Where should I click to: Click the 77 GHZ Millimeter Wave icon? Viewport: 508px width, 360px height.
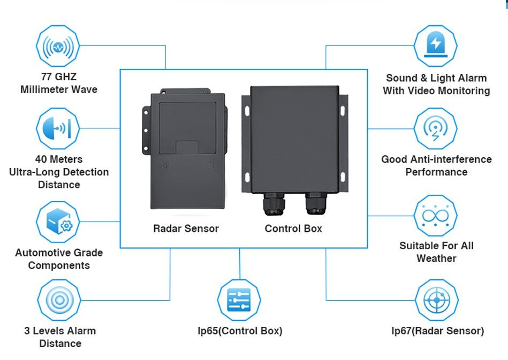click(x=57, y=47)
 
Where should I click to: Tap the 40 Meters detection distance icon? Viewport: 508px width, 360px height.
click(x=57, y=128)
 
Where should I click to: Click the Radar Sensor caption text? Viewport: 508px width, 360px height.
click(x=186, y=228)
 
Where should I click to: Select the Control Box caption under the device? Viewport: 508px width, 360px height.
click(x=293, y=228)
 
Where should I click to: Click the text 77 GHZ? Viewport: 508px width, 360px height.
click(x=59, y=76)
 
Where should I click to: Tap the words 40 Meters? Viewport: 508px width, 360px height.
click(x=59, y=159)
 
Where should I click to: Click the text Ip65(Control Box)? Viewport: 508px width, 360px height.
click(x=240, y=331)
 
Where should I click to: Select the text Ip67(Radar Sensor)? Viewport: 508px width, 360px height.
click(x=437, y=331)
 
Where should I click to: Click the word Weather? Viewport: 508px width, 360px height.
click(x=436, y=258)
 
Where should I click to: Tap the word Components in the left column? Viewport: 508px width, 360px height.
click(x=59, y=265)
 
